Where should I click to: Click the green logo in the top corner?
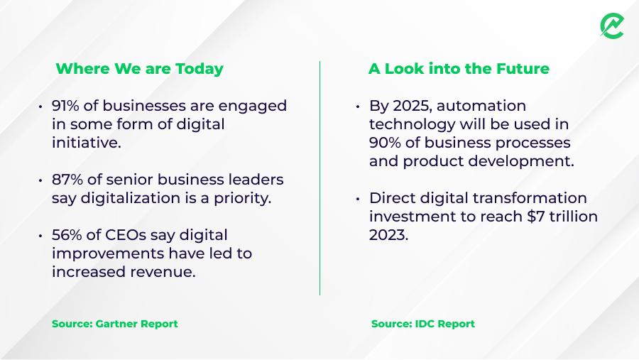[x=612, y=26]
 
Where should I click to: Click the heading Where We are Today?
[x=139, y=68]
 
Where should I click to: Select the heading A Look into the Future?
[x=459, y=68]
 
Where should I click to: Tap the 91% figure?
[x=65, y=106]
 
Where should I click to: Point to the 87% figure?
[x=67, y=180]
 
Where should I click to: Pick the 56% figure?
[x=67, y=235]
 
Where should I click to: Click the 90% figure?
[x=385, y=143]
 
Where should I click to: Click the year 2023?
[x=387, y=235]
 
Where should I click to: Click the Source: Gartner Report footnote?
[x=114, y=324]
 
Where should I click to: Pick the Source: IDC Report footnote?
[x=423, y=324]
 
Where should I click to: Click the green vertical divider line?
[x=320, y=178]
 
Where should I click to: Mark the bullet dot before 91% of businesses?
[x=40, y=107]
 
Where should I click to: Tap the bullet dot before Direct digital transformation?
[x=357, y=199]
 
